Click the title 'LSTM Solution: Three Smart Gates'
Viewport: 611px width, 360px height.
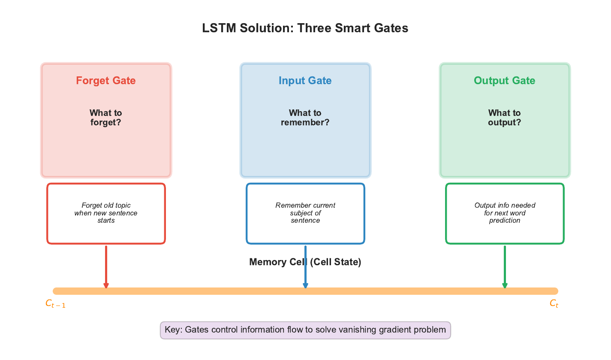(305, 28)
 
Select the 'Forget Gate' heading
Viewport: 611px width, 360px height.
(106, 81)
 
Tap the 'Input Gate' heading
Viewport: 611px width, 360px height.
(305, 81)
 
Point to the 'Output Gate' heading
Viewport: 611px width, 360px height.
(504, 81)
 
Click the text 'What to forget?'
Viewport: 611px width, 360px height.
(106, 118)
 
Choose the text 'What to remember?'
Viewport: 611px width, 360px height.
(305, 118)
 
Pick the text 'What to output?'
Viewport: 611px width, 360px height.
(504, 118)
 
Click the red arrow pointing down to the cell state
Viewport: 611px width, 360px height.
(106, 266)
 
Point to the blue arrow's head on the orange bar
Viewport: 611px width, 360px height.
(305, 286)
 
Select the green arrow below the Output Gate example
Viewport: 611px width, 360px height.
(505, 266)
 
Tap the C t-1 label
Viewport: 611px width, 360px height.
(55, 304)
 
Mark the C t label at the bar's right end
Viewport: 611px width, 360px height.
(554, 304)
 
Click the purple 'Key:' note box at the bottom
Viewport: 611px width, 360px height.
(305, 330)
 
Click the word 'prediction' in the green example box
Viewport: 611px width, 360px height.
(505, 221)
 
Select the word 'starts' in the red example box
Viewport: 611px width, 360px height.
(106, 221)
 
